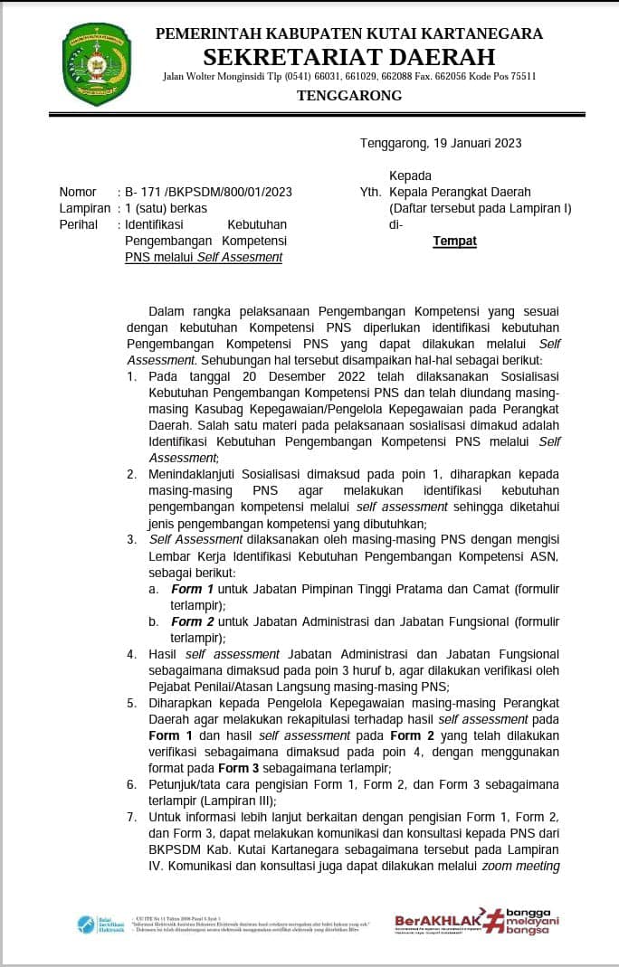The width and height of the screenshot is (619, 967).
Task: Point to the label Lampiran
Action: coord(84,208)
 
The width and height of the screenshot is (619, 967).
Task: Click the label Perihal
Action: coord(78,224)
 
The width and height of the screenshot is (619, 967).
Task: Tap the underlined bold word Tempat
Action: coord(454,241)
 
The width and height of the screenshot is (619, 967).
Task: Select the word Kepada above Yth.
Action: coord(410,175)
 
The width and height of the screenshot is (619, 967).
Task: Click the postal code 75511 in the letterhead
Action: coord(520,77)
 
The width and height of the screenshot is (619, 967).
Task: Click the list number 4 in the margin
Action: coord(131,654)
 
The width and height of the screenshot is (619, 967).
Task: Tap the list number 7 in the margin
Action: coord(131,817)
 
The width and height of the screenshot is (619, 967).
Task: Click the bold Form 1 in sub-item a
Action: coord(186,589)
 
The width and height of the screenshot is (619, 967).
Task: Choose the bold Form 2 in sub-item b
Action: coord(186,621)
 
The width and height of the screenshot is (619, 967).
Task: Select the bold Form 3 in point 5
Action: coord(239,768)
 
